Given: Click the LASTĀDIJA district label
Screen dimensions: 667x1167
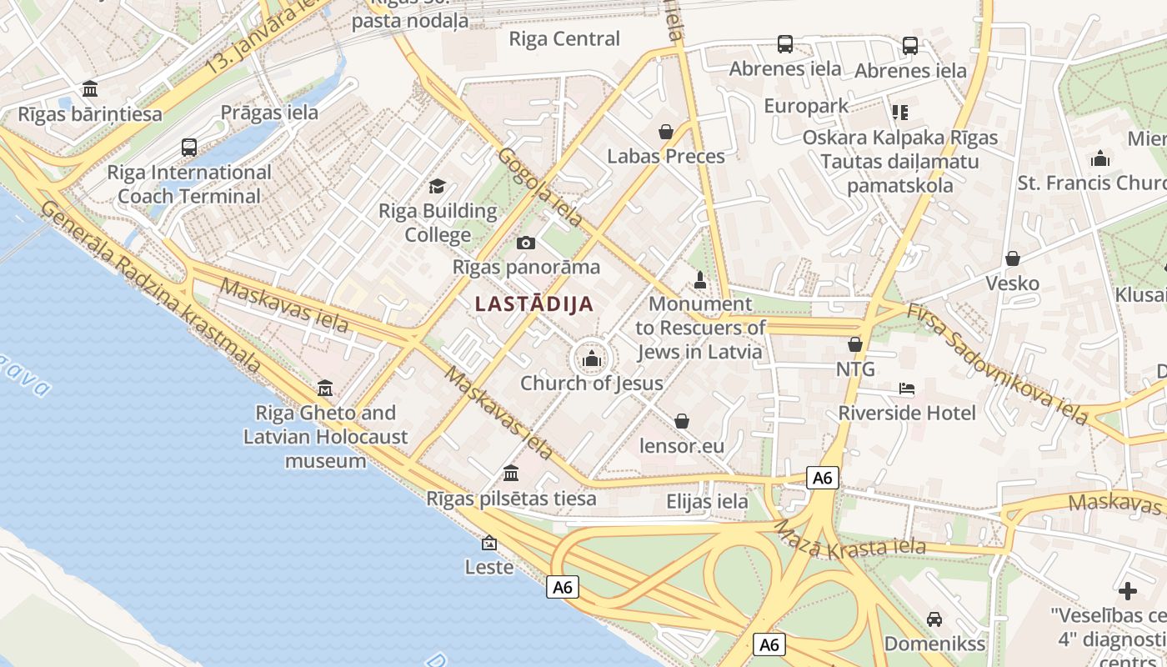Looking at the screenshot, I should [534, 304].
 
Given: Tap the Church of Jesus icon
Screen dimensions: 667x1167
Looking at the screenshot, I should [592, 359].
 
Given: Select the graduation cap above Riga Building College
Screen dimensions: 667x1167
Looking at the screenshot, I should [437, 186].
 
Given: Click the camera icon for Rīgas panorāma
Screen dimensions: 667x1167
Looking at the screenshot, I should [525, 243].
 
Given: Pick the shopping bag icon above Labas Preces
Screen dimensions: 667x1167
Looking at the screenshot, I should [665, 131].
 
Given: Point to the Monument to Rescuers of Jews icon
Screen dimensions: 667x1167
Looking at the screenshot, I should [700, 280].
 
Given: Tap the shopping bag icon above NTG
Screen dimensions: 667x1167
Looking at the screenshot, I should [854, 344].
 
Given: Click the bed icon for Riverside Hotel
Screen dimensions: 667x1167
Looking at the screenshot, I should [907, 389].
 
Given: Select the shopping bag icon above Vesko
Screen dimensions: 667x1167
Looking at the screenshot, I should [1013, 258].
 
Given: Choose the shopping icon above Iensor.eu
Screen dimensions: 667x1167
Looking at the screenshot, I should [682, 421].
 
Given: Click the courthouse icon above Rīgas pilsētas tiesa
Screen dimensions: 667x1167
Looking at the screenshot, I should [511, 474].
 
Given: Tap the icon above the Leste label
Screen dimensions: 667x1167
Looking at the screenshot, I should [489, 543].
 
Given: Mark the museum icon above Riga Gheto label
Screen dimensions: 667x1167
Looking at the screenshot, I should [325, 388].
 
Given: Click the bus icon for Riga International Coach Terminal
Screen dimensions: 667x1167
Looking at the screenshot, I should [189, 148].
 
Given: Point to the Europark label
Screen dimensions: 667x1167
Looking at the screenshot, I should [806, 106].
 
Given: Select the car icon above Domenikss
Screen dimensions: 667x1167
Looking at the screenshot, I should [934, 619].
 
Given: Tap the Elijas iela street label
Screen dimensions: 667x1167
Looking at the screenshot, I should [707, 502].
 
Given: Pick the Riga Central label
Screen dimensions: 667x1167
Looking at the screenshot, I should [564, 39].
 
